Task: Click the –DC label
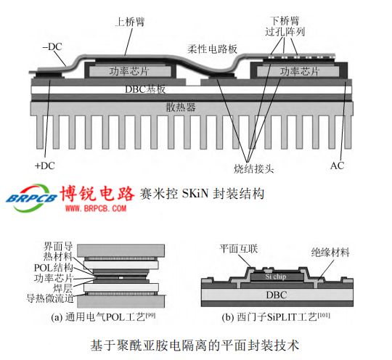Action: (52, 46)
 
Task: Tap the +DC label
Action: (45, 165)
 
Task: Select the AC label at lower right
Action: (338, 165)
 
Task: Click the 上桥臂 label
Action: (130, 22)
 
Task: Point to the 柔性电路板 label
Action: (212, 49)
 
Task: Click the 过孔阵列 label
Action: (285, 32)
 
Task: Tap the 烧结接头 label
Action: (254, 169)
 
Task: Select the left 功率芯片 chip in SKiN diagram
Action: (130, 72)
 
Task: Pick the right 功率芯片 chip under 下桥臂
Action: (298, 72)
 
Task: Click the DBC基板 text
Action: (145, 89)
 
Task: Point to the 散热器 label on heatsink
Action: (181, 107)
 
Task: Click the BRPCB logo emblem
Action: (31, 198)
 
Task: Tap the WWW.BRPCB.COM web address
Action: (96, 208)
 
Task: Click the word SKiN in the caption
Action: (195, 194)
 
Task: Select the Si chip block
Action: (276, 277)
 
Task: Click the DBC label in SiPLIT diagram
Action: (277, 295)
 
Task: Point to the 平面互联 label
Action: (239, 249)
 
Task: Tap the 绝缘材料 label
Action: (330, 253)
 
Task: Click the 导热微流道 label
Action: (50, 298)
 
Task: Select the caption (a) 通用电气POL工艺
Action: (103, 317)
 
